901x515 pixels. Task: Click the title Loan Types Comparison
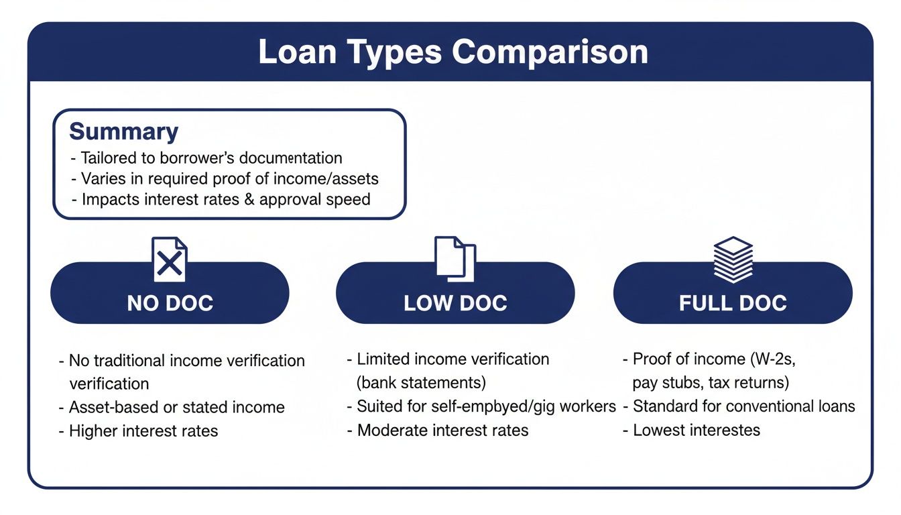click(x=453, y=53)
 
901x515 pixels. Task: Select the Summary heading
click(x=123, y=131)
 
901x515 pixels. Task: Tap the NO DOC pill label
click(x=170, y=303)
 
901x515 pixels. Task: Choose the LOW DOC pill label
click(x=455, y=303)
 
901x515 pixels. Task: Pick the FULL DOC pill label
click(x=733, y=303)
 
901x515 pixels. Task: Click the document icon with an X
click(x=170, y=260)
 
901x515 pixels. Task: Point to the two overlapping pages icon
click(x=455, y=258)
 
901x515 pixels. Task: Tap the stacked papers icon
click(x=733, y=259)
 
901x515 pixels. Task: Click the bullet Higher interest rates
click(x=143, y=431)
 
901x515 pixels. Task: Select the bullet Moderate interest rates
click(x=442, y=431)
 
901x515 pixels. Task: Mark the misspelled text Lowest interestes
click(x=697, y=431)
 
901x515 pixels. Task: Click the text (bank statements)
click(x=422, y=383)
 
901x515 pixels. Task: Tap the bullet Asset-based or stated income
click(x=176, y=407)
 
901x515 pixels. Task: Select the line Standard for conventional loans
click(x=743, y=406)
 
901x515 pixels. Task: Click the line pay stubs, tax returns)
click(x=711, y=383)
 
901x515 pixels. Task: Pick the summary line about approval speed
click(x=225, y=200)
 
